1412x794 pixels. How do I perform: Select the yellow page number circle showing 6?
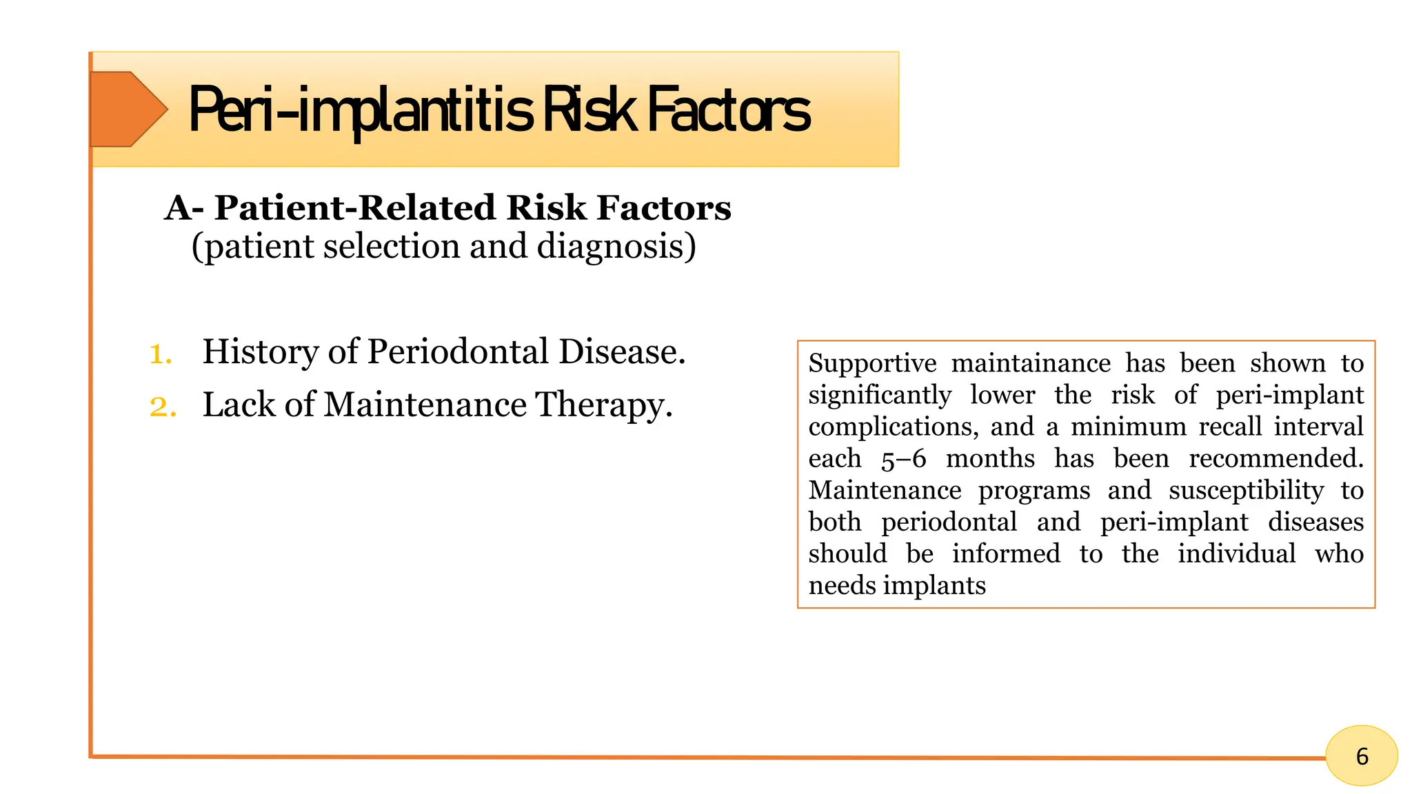[1361, 756]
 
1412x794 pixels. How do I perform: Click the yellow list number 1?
[160, 354]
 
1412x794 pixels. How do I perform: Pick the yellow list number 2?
[163, 407]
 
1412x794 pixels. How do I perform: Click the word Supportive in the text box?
[872, 363]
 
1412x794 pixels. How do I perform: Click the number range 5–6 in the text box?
[903, 459]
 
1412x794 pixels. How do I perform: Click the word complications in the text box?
[893, 427]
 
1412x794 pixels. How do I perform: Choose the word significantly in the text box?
[880, 395]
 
